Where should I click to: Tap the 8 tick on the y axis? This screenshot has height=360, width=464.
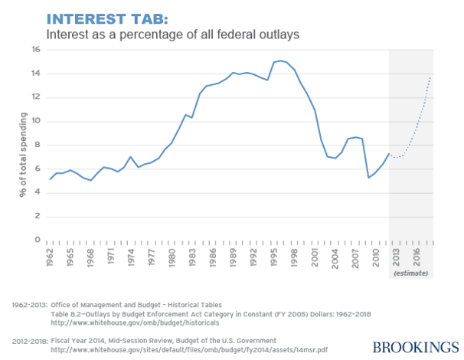[x=36, y=145]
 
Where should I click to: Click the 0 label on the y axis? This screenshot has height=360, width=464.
[x=36, y=240]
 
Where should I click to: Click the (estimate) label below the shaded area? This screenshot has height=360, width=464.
[x=411, y=273]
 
